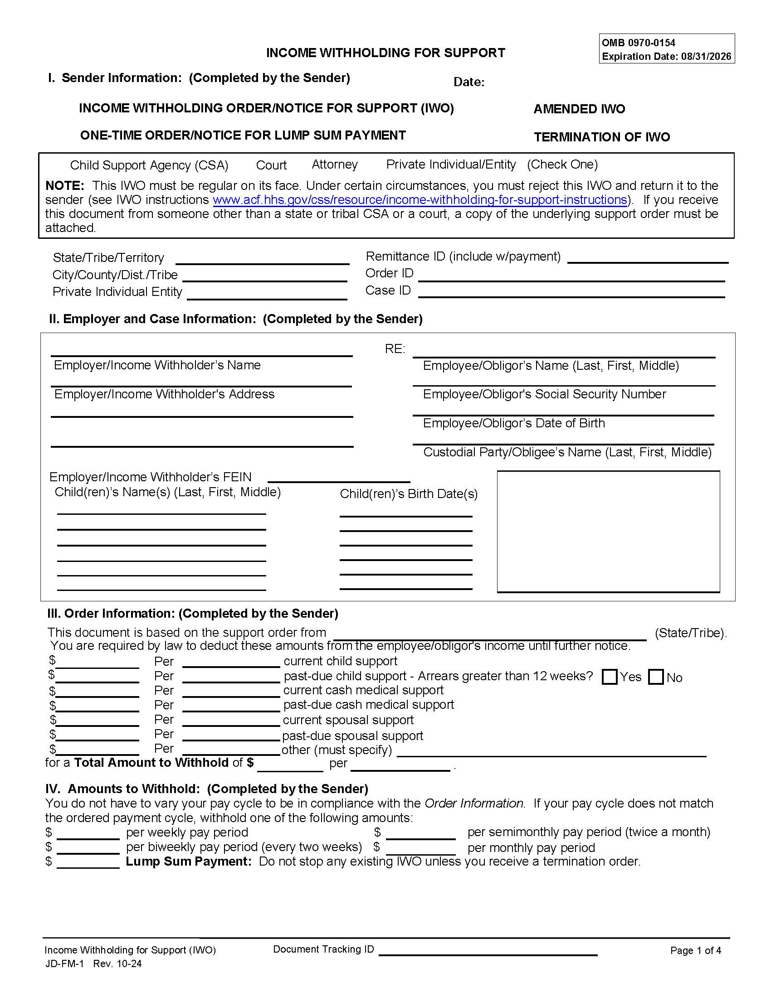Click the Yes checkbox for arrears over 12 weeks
(609, 677)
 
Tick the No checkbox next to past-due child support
(655, 677)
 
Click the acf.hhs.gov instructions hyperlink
(420, 200)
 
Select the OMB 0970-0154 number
(638, 43)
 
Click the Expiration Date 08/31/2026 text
(666, 57)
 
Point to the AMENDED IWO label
(579, 109)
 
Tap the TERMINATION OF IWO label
(601, 137)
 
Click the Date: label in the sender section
(468, 82)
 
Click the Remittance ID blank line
(647, 259)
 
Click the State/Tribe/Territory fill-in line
(262, 261)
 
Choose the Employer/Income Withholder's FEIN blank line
(338, 479)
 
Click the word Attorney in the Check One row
(334, 165)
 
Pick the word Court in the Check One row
(271, 165)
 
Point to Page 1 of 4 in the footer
(695, 950)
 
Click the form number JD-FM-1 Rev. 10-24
(93, 963)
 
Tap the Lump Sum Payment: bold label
(189, 861)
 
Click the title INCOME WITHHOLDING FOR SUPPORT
(385, 53)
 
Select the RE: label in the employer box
(395, 349)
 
